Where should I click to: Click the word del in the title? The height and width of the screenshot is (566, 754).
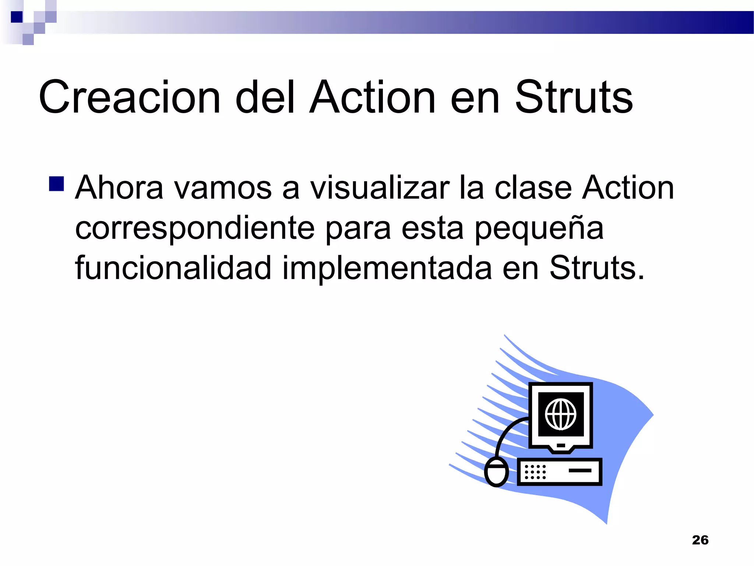point(265,97)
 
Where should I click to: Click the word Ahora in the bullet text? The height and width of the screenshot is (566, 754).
point(119,188)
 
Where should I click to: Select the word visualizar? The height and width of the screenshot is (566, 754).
point(380,188)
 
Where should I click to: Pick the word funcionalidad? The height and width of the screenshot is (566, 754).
point(173,268)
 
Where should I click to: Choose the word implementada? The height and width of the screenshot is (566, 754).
point(387,268)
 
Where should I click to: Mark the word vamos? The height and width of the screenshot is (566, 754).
point(222,188)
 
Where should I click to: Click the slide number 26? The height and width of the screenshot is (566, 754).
point(700,540)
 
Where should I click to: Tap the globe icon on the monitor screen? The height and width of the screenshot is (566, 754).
point(560,414)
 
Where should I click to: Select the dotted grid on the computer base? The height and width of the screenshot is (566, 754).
point(535,472)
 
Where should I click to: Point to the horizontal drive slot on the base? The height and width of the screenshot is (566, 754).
point(580,470)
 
